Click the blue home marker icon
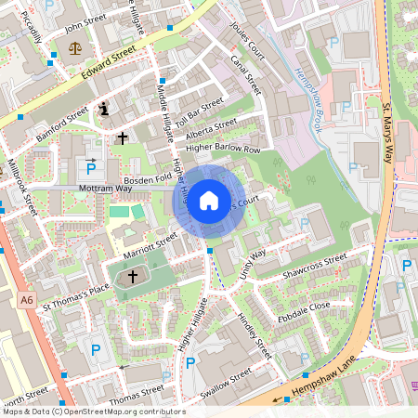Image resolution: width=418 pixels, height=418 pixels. coord(209,201)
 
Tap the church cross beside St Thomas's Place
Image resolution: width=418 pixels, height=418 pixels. coord(132,276)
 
